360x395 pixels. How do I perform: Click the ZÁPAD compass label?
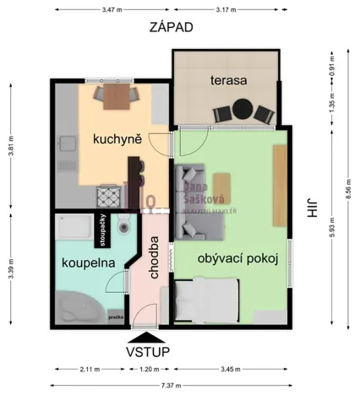coord(172,27)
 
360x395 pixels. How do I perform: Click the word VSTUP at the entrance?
coord(148,350)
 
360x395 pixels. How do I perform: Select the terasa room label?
coord(228,81)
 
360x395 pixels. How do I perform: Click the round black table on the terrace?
coord(243,109)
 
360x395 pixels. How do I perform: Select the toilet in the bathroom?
coord(124,225)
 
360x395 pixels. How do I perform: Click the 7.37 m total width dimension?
coord(172,386)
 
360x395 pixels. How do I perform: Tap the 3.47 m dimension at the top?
coord(110,9)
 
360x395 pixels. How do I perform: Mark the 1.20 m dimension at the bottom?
coord(148,369)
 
